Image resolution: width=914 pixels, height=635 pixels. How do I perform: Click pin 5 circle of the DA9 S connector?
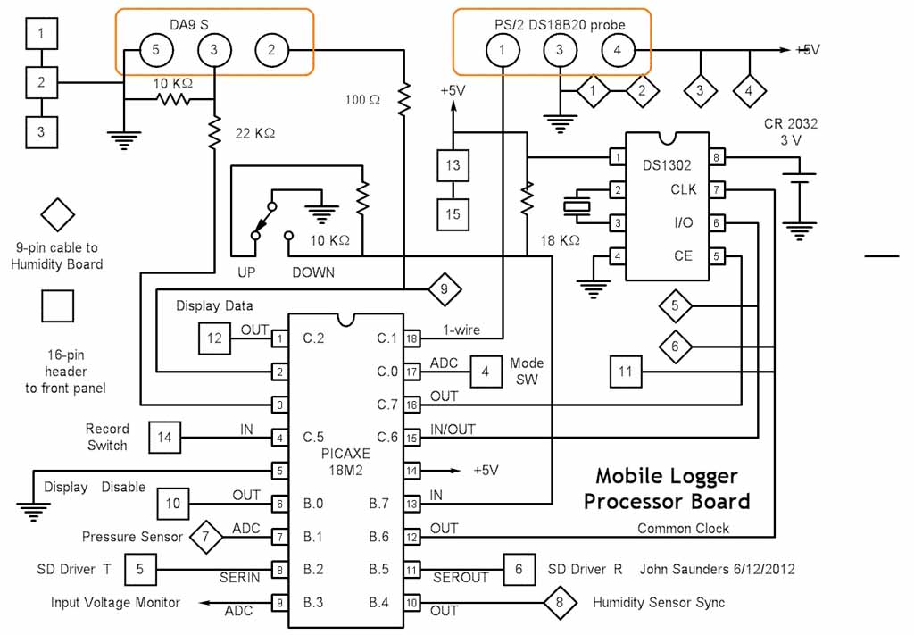coord(155,51)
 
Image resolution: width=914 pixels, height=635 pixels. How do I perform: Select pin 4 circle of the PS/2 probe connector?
coord(617,51)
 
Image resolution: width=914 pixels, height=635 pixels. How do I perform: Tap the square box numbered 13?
coord(453,166)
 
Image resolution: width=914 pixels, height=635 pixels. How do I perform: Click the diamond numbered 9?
coord(444,289)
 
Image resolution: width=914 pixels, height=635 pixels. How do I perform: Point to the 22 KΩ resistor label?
coord(254,133)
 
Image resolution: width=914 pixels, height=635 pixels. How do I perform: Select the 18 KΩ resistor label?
coord(561,240)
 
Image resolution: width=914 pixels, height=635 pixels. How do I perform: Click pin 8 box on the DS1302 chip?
coord(717,158)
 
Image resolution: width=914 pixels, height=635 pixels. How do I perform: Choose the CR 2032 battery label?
coord(791,124)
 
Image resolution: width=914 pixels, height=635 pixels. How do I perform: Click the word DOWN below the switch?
coord(313,272)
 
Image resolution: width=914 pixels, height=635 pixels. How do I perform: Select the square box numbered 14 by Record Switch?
coord(165,437)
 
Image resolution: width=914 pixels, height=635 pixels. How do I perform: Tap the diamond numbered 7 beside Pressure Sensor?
coord(206,537)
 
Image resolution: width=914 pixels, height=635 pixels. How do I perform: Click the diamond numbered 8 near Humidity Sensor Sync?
coord(560,602)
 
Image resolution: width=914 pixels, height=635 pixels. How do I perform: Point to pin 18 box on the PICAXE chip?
coord(411,338)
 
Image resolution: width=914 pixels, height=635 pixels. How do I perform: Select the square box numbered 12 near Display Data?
coord(215,338)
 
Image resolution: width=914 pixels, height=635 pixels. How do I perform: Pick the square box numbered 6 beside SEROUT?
coord(519,569)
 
